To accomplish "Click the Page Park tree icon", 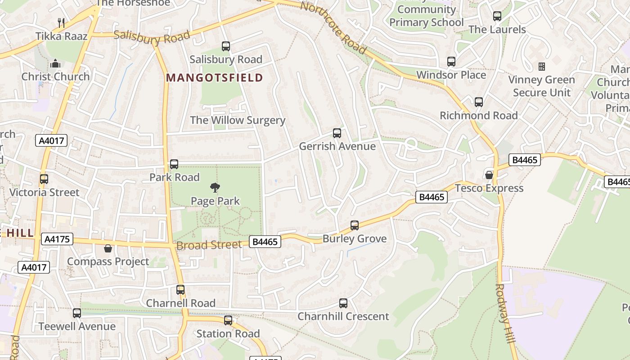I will tap(215, 187).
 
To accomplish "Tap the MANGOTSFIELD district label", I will tap(214, 78).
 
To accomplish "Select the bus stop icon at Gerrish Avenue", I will tap(337, 133).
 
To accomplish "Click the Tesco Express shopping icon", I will tap(489, 175).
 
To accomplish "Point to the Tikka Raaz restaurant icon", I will tap(62, 22).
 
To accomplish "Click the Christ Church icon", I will tap(55, 63).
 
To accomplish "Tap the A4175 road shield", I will tap(57, 239).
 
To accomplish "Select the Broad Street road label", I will tap(209, 245).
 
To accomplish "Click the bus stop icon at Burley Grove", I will tap(355, 225).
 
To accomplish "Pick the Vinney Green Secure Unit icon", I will tap(542, 67).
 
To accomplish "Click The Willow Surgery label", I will tap(238, 120).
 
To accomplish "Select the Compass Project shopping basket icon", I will tap(108, 248).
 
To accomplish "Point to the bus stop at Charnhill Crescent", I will tap(343, 303).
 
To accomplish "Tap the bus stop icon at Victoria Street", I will tap(44, 179).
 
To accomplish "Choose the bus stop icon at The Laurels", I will tap(497, 16).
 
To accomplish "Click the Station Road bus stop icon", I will tap(228, 320).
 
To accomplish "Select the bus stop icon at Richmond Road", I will tap(479, 102).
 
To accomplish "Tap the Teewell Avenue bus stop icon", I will tap(77, 313).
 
